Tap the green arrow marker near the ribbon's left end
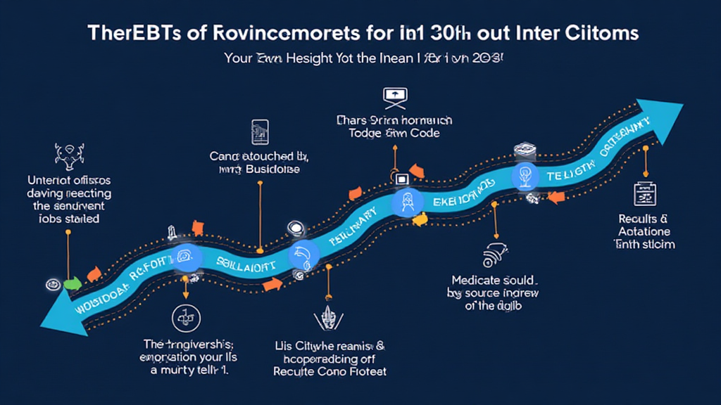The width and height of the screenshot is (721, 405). (x=72, y=284)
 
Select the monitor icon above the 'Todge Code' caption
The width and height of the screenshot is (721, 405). (x=391, y=96)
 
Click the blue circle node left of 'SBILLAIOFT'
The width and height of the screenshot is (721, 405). (x=187, y=258)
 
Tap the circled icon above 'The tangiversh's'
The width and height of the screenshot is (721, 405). (x=182, y=318)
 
